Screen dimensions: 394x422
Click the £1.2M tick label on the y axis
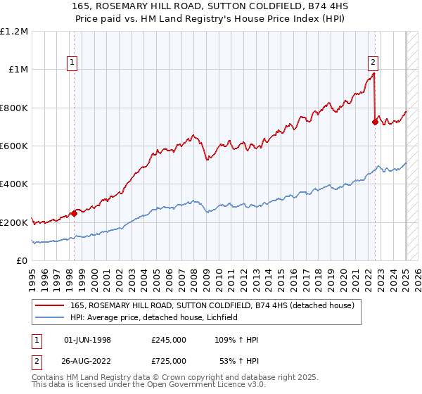[x=14, y=32]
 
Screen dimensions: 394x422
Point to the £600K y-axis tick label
[x=14, y=146]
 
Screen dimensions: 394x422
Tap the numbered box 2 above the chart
[x=373, y=61]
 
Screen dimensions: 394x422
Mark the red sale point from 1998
[x=74, y=214]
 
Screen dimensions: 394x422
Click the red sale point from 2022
[x=375, y=122]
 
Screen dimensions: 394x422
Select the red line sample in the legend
[x=50, y=305]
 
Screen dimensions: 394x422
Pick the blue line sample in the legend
[x=50, y=317]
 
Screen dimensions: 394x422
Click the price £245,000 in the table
[x=168, y=340]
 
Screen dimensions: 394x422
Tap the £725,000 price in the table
[x=168, y=361]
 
